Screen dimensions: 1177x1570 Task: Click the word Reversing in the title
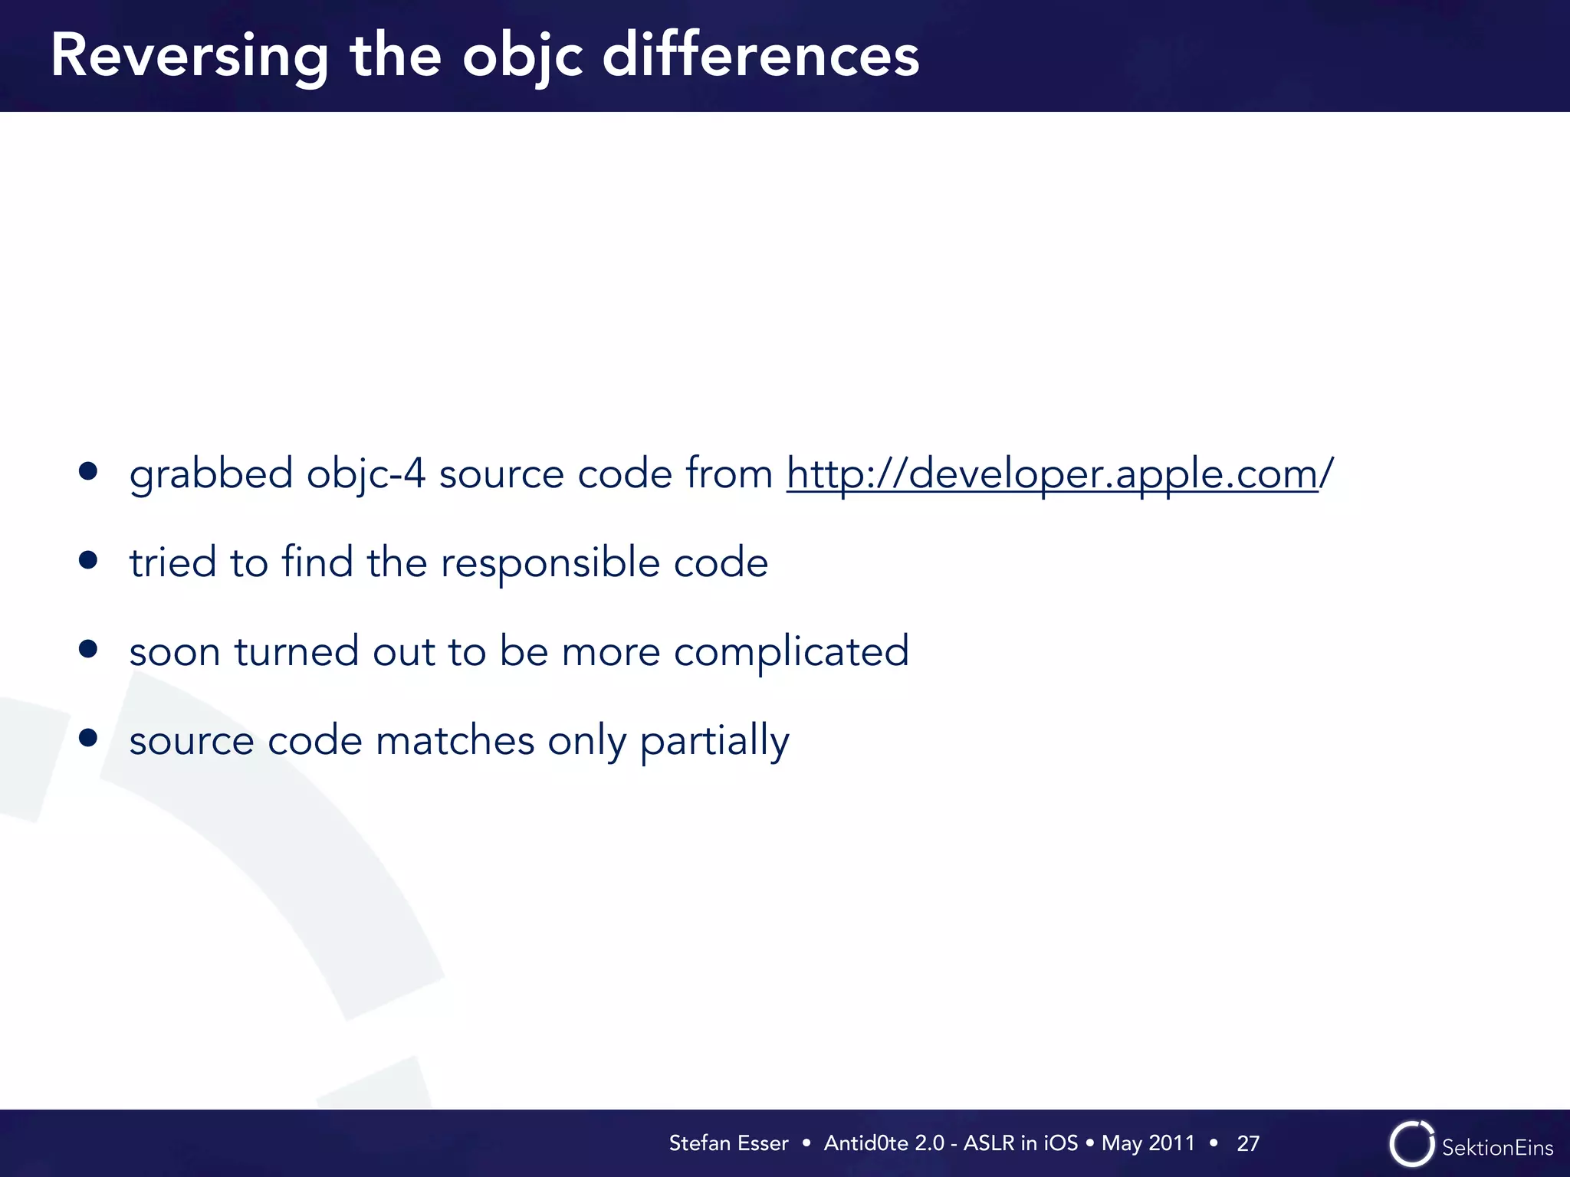[x=189, y=57]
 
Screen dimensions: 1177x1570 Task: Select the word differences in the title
[x=760, y=56]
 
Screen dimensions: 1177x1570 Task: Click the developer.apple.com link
[x=1052, y=474]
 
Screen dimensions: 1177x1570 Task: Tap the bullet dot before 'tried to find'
[x=88, y=560]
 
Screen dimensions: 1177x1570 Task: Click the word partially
[x=714, y=742]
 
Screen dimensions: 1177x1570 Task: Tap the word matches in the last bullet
[x=455, y=741]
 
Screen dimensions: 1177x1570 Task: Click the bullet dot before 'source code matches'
[x=88, y=738]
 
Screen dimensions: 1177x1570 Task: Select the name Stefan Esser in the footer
[x=728, y=1143]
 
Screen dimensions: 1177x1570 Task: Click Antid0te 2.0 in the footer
[x=884, y=1143]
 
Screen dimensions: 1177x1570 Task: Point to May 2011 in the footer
[x=1148, y=1143]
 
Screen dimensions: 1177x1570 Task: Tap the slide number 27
[x=1248, y=1144]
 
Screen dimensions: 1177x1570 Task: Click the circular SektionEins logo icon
[x=1411, y=1144]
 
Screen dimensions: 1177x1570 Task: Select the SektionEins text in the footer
[x=1497, y=1148]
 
